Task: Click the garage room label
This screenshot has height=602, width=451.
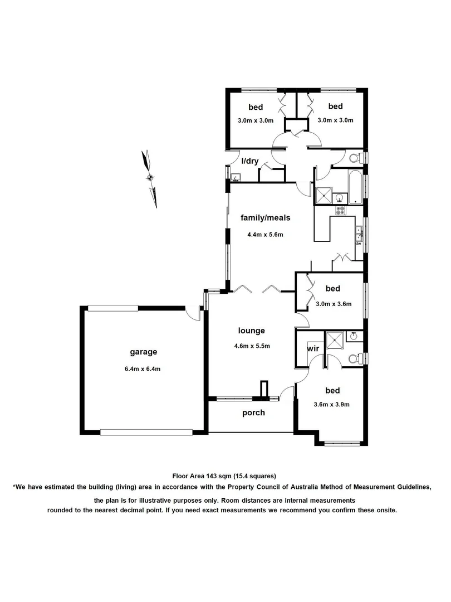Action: pyautogui.click(x=144, y=352)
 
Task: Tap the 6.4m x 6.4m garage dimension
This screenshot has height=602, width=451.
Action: pyautogui.click(x=144, y=368)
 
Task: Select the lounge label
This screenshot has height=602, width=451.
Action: pyautogui.click(x=252, y=331)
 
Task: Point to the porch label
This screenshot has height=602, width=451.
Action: pyautogui.click(x=253, y=413)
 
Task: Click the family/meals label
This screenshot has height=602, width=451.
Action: pyautogui.click(x=265, y=217)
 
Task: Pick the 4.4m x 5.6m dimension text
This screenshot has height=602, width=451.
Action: pyautogui.click(x=265, y=235)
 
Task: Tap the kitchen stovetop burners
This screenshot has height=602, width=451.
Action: pyautogui.click(x=340, y=211)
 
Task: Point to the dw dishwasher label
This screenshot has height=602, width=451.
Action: pyautogui.click(x=359, y=244)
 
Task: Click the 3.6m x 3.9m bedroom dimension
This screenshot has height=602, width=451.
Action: pyautogui.click(x=331, y=405)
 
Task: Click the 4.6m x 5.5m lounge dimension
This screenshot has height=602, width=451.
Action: pyautogui.click(x=252, y=346)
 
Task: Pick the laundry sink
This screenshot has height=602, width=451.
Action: pyautogui.click(x=236, y=178)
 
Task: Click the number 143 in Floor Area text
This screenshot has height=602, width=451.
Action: pyautogui.click(x=210, y=475)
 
